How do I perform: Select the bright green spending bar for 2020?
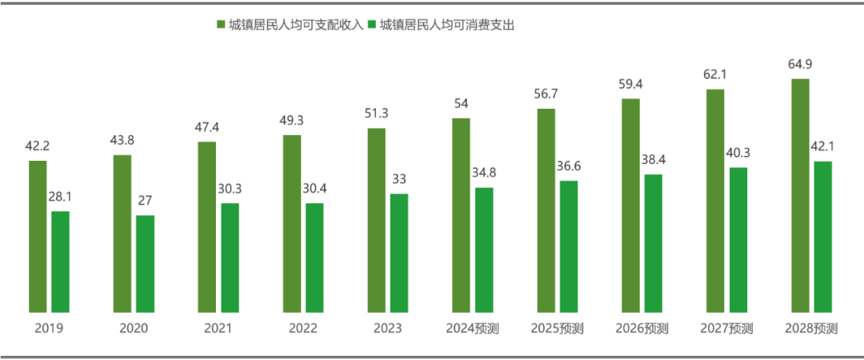click(145, 263)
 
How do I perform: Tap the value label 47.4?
click(207, 127)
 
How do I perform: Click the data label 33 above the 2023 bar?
click(398, 179)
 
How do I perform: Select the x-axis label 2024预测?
click(472, 328)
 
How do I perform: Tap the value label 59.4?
click(630, 83)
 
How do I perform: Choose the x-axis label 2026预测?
click(642, 328)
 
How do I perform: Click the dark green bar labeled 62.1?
click(715, 200)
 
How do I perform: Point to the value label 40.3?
click(738, 153)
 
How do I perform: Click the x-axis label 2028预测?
click(811, 328)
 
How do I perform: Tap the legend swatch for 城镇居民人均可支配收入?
click(221, 26)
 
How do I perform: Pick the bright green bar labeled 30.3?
click(230, 257)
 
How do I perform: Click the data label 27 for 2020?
click(145, 201)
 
